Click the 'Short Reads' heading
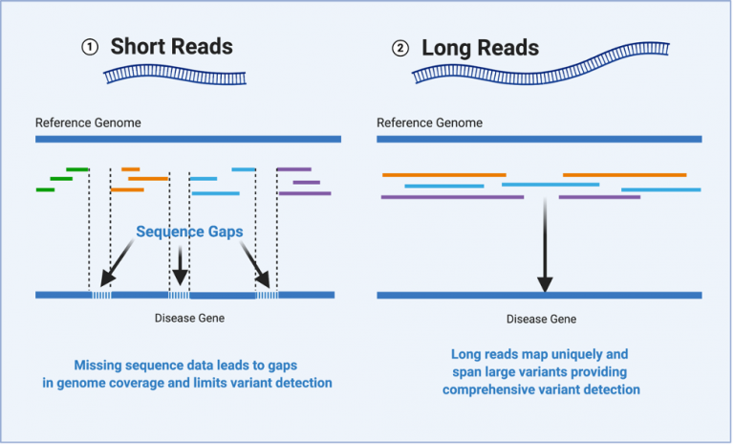click(171, 46)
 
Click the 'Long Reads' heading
click(480, 48)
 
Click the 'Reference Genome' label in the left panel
click(88, 122)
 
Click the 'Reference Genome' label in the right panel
click(429, 122)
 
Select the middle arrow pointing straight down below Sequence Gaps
click(181, 263)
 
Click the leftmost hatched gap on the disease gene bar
click(100, 295)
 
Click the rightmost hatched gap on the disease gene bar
click(267, 295)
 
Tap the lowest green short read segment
click(45, 189)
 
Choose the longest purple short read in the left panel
click(305, 193)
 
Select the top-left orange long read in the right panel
click(443, 175)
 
